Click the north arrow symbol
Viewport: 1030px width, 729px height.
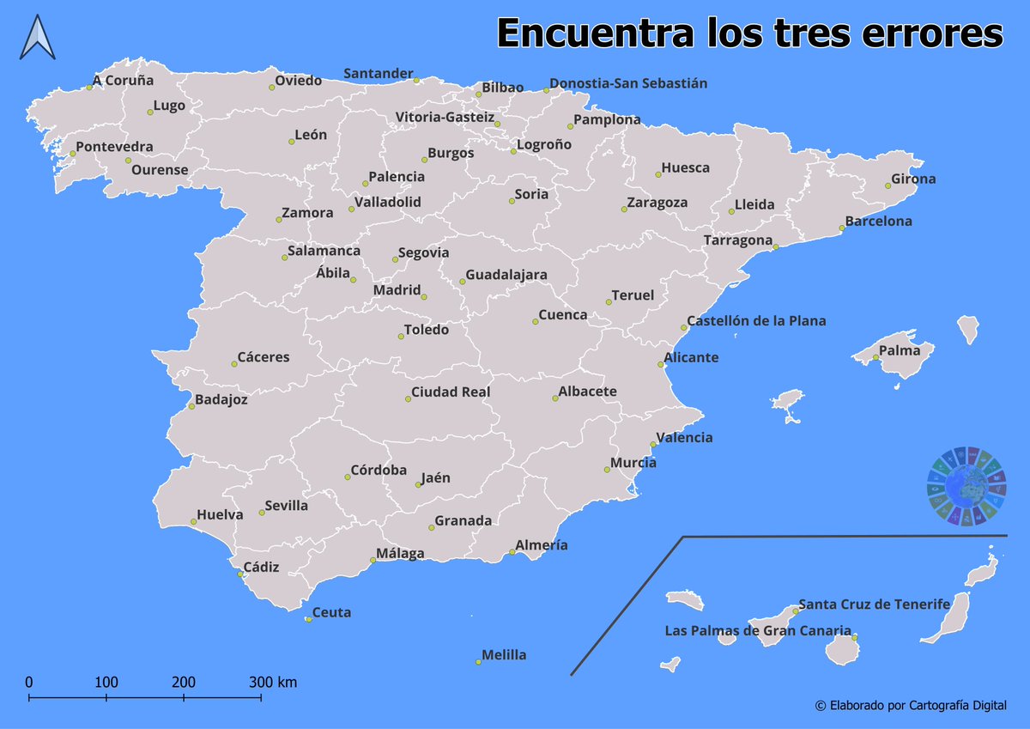point(38,39)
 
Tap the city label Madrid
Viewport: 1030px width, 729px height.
point(397,290)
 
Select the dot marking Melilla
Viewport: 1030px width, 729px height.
point(479,661)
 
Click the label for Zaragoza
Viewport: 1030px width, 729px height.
point(657,203)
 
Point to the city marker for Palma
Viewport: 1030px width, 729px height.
point(875,357)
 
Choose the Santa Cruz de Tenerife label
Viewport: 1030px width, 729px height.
point(874,604)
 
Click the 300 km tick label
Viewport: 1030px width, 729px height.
point(273,683)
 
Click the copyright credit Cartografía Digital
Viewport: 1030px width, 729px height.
point(911,705)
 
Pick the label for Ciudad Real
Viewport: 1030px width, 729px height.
point(451,392)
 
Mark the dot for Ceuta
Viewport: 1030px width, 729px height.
point(308,619)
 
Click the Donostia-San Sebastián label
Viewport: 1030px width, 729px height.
point(628,83)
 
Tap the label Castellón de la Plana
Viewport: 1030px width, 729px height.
point(756,321)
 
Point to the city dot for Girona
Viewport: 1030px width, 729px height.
point(888,185)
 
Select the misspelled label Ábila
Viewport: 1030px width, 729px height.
point(333,273)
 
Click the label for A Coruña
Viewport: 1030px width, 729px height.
point(124,81)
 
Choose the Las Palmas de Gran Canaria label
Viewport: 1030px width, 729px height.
point(758,630)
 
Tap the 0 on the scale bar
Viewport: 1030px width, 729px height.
point(29,683)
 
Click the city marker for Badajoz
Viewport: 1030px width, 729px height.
point(191,405)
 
